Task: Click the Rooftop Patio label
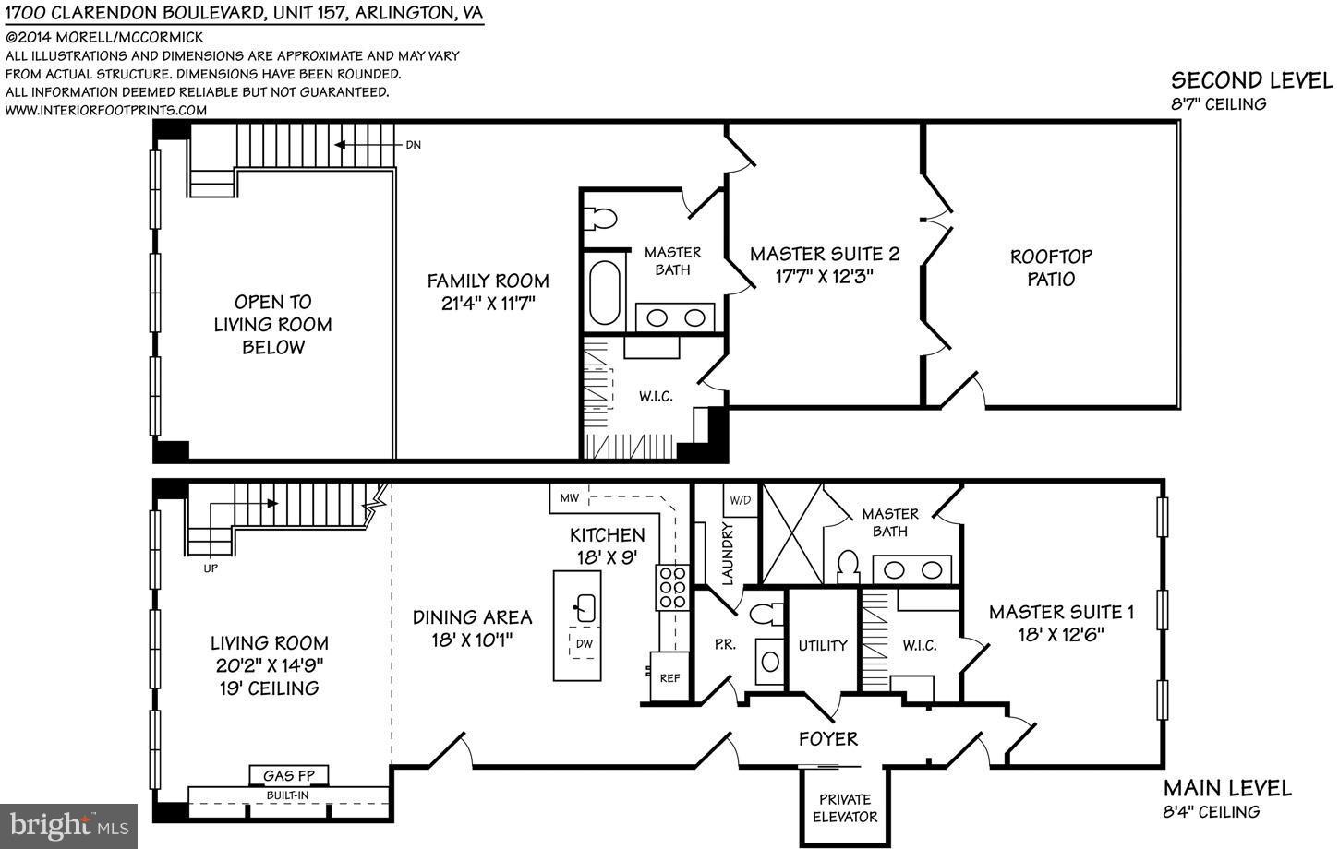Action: (x=1051, y=268)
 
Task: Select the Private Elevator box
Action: (x=845, y=807)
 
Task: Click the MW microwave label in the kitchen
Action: (x=569, y=498)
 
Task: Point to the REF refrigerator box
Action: (x=669, y=678)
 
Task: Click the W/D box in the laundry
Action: (x=740, y=500)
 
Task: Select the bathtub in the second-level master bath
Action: (x=605, y=293)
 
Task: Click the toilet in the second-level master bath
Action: (x=602, y=219)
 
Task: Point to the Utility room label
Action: (x=822, y=646)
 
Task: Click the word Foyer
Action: (x=828, y=739)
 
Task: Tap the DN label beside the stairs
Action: (x=413, y=145)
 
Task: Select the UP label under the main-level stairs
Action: (x=211, y=568)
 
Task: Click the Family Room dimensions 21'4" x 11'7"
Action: (x=488, y=303)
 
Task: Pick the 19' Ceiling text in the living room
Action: (x=270, y=688)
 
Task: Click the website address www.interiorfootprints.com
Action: (x=106, y=110)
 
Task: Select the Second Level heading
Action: (x=1252, y=80)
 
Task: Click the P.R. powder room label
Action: (x=725, y=645)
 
